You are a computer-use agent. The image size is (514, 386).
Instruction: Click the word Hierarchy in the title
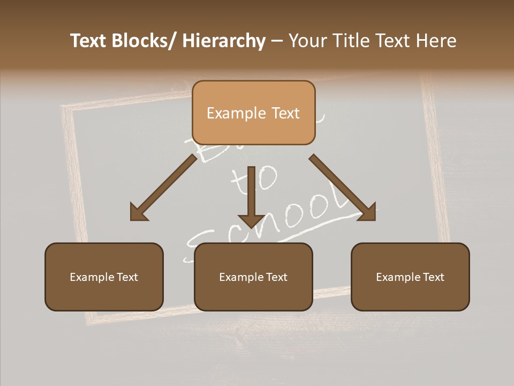point(223,41)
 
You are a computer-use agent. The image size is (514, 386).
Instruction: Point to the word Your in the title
point(307,41)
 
